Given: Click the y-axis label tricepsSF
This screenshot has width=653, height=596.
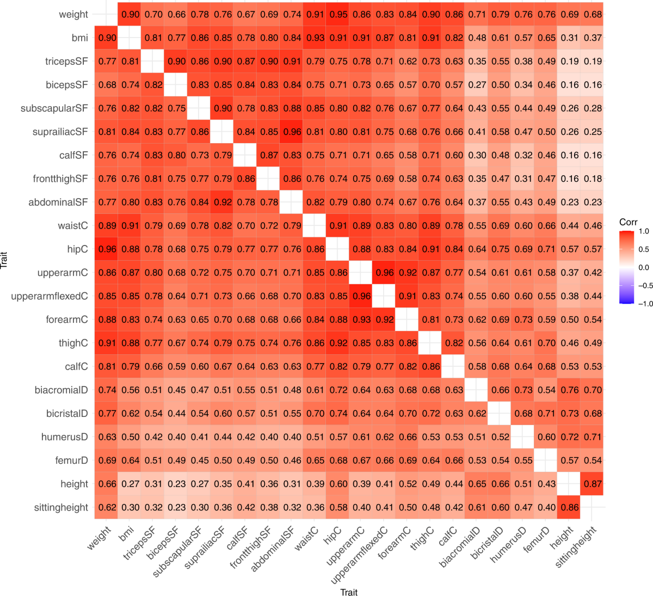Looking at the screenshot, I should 66,62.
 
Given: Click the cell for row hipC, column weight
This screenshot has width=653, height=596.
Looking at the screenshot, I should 107,249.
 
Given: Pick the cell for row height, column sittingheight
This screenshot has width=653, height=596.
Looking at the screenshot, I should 593,484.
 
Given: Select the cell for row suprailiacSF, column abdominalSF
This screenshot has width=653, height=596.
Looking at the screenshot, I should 292,132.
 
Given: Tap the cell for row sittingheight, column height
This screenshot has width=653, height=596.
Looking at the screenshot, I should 570,507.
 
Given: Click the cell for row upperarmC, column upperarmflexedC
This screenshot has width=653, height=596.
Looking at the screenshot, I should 385,273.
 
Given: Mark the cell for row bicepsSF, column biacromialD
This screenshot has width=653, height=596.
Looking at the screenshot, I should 477,85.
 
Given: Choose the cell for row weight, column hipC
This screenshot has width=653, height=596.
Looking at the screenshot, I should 338,15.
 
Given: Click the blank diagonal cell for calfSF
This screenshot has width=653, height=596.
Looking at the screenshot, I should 246,155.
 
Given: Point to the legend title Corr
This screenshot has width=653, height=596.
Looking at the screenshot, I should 629,222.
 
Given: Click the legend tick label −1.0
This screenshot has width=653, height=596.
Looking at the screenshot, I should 645,304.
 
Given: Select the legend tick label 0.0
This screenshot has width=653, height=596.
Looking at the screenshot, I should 644,267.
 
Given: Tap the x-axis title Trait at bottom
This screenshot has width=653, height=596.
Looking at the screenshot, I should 349,592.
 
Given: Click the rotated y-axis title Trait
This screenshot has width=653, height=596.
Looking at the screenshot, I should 5,260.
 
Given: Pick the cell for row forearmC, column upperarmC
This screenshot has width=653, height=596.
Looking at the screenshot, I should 361,319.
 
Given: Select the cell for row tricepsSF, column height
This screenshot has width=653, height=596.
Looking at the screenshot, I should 570,62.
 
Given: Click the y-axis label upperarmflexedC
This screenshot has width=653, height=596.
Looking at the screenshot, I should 50,296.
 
